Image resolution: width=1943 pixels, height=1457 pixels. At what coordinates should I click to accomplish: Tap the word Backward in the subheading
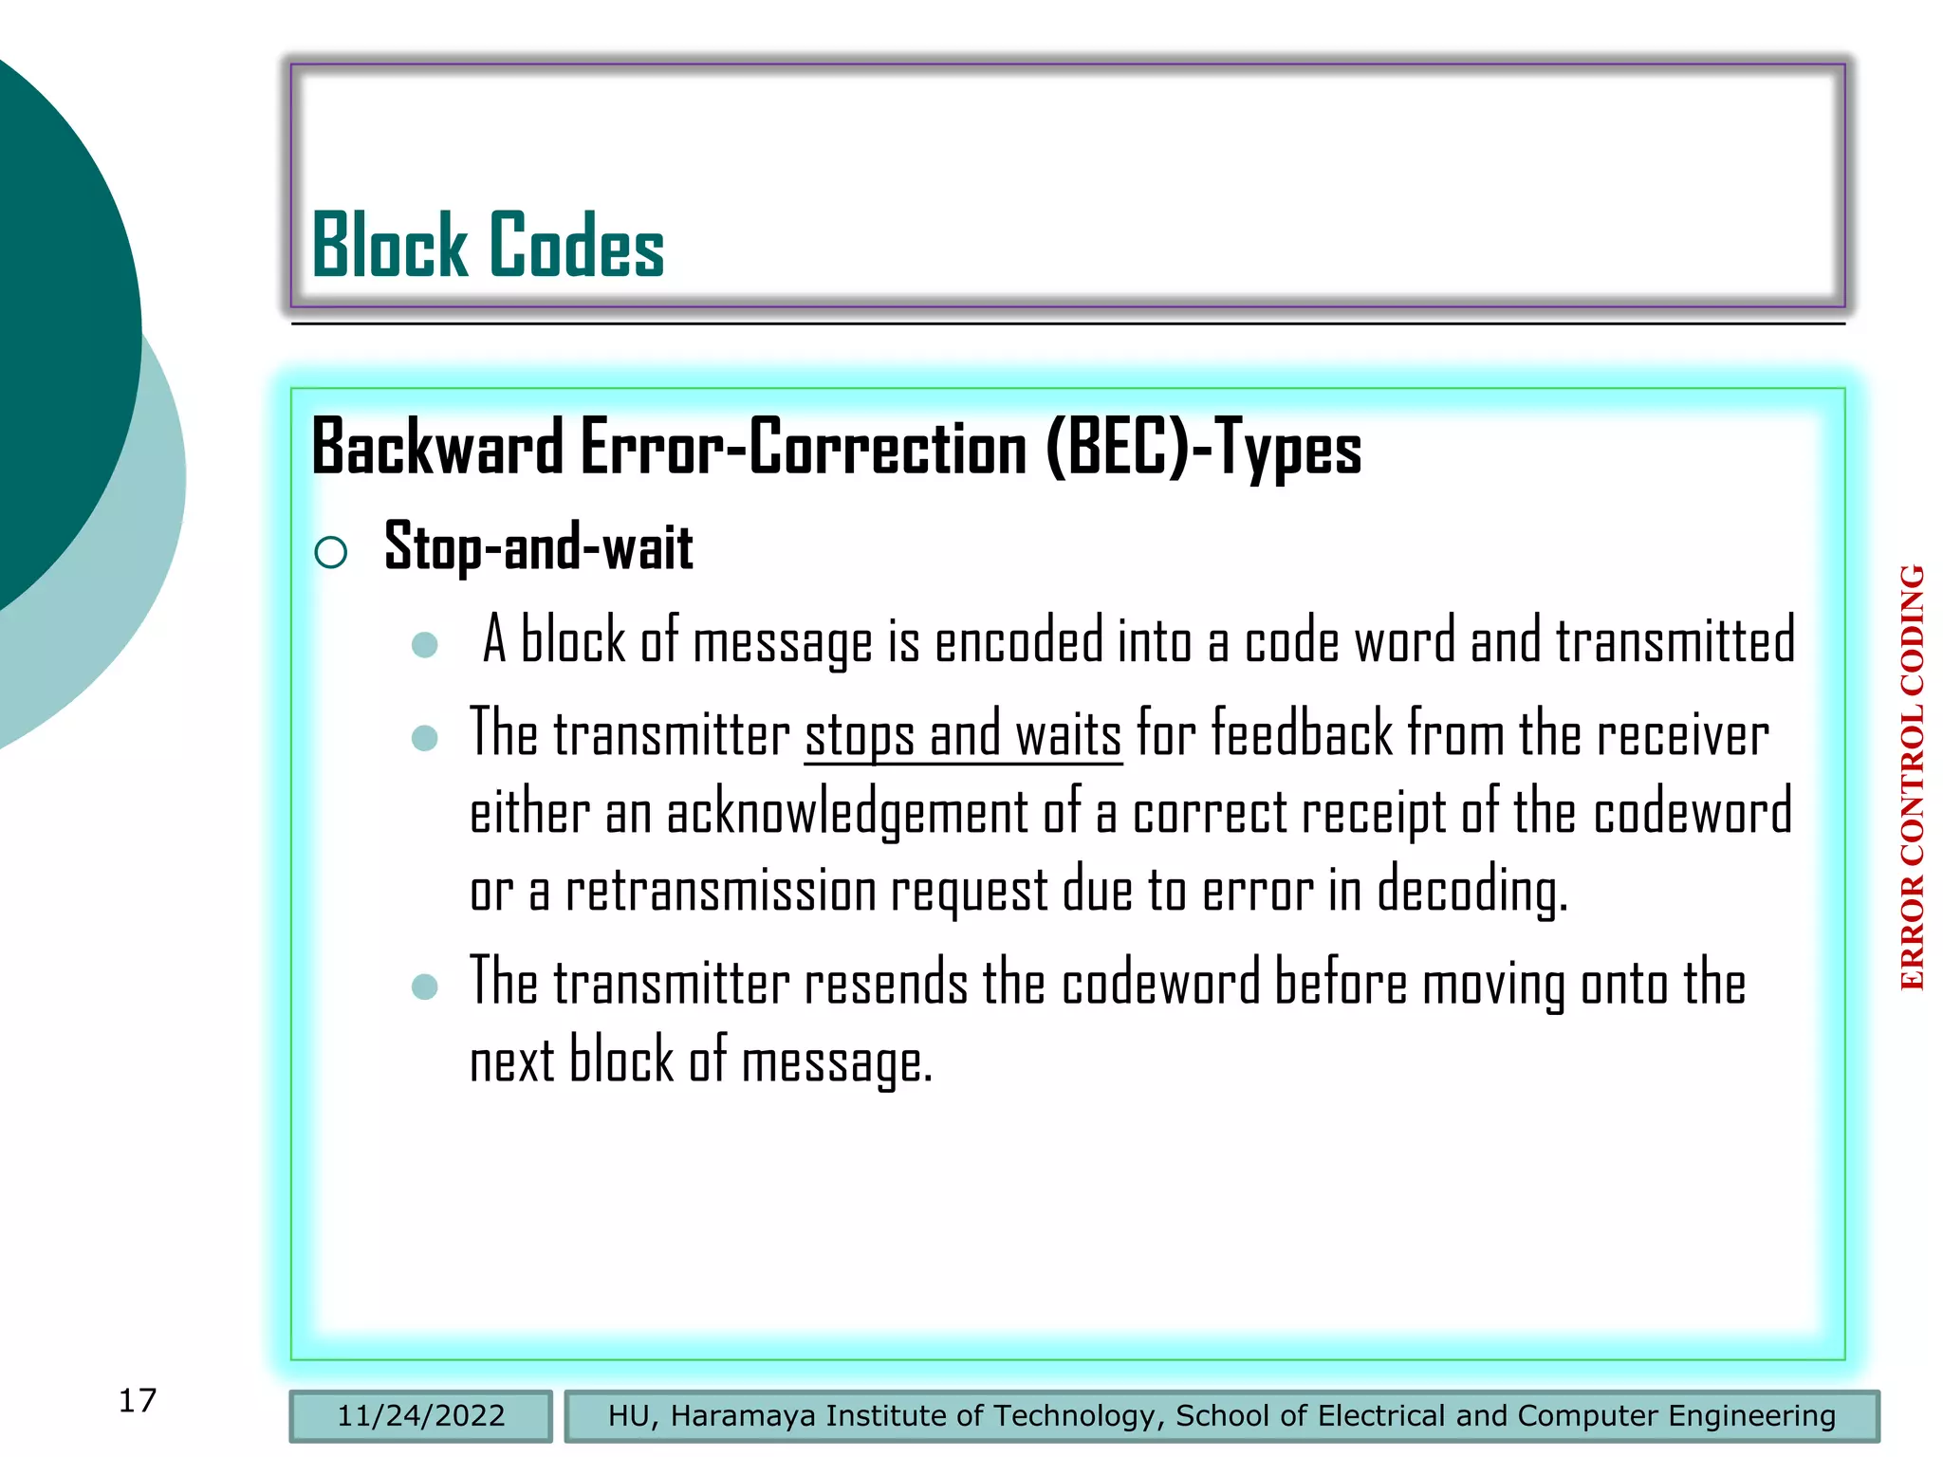click(x=437, y=448)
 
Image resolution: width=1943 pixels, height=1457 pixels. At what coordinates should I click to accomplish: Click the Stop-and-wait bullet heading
click(x=538, y=547)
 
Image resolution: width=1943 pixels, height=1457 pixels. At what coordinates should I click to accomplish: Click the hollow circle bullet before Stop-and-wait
click(x=330, y=551)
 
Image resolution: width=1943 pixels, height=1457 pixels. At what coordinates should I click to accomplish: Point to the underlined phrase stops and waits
click(x=963, y=735)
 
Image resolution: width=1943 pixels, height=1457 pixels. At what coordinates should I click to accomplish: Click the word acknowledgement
click(x=847, y=813)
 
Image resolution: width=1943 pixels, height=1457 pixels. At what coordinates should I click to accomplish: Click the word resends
click(x=886, y=983)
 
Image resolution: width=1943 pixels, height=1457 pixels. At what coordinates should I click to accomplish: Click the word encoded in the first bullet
click(x=1019, y=641)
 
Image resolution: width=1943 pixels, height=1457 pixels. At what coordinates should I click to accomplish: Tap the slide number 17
click(x=138, y=1400)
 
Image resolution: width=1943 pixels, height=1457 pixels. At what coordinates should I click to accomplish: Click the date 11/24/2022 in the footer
click(x=421, y=1415)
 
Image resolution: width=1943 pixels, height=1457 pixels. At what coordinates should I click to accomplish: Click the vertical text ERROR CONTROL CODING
click(x=1912, y=778)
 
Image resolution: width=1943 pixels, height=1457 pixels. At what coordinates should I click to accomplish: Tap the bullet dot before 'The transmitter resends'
click(x=425, y=987)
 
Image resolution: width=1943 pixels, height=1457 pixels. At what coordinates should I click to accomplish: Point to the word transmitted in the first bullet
click(x=1675, y=641)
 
